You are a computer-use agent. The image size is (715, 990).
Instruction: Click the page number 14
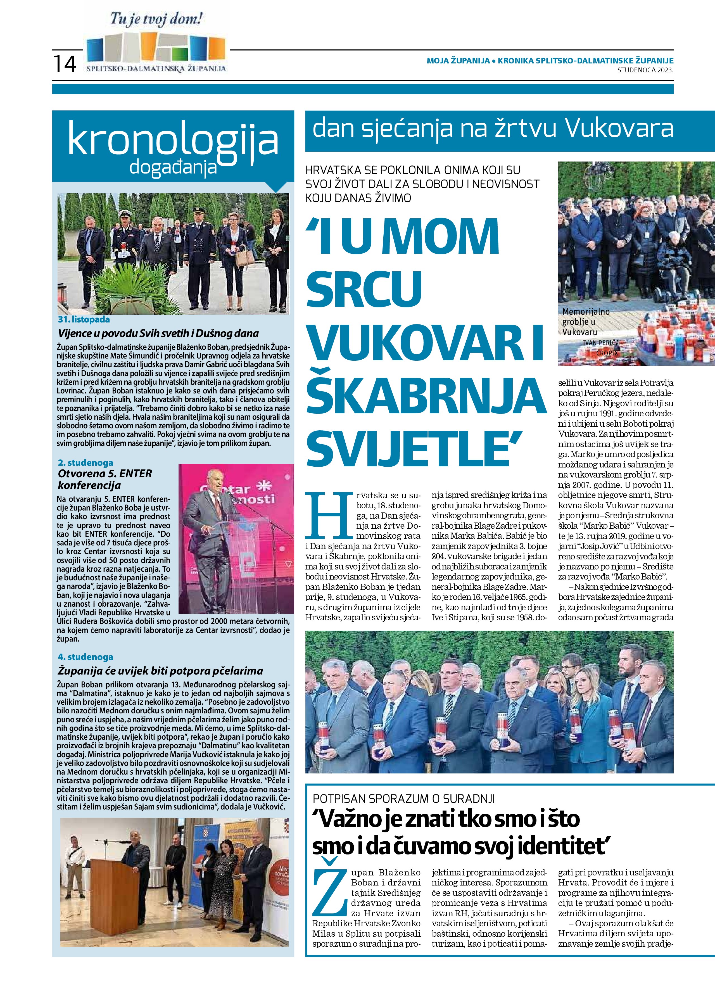point(65,64)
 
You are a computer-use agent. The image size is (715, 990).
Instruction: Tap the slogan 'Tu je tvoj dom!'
point(156,20)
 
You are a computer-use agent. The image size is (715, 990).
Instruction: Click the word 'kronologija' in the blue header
point(173,140)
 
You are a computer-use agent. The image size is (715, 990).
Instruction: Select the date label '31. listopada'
point(84,320)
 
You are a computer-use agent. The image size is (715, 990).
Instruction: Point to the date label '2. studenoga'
point(85,462)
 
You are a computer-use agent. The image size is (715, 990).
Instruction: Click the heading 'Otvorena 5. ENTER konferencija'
point(105,479)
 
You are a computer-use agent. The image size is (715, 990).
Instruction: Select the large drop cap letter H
point(329,515)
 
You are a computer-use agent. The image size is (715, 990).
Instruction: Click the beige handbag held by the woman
point(244,258)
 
